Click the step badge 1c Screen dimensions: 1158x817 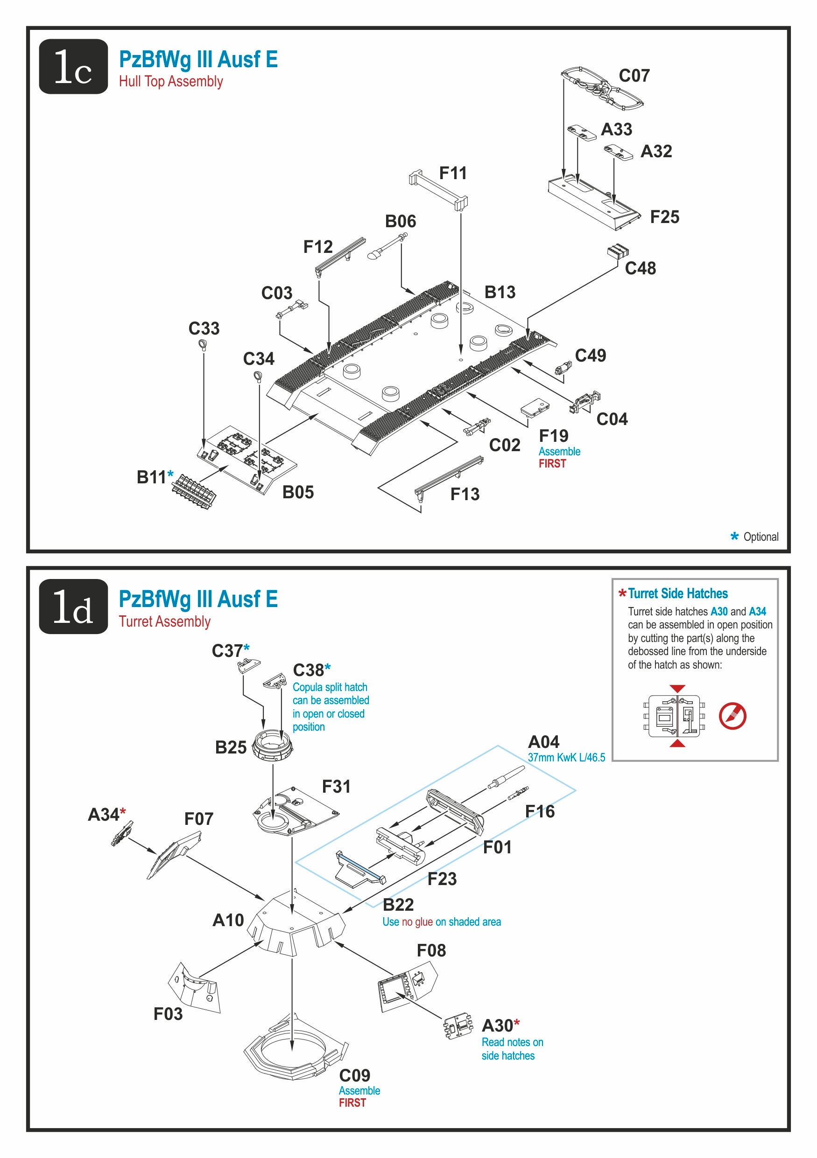(x=73, y=67)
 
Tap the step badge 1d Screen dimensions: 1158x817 (x=73, y=606)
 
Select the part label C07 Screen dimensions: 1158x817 (x=634, y=76)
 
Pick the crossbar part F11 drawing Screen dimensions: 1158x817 (x=437, y=189)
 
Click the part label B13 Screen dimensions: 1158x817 (x=500, y=292)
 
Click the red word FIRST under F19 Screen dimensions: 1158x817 (x=552, y=463)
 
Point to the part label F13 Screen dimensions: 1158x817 (x=464, y=494)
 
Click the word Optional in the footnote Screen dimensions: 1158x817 (x=761, y=537)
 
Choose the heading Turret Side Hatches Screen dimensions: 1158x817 (x=677, y=593)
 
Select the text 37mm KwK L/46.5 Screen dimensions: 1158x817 (x=566, y=757)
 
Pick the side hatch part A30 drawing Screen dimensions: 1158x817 (x=458, y=1027)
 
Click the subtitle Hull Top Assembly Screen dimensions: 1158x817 (x=170, y=82)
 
